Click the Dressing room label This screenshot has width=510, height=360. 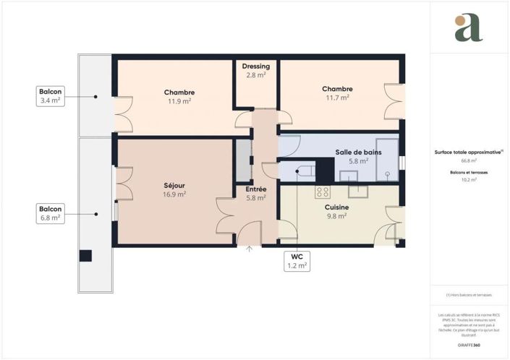255,69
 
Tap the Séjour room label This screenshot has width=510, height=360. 174,189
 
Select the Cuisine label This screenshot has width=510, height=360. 337,211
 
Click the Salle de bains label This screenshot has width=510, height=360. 358,155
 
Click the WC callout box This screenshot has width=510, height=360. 297,261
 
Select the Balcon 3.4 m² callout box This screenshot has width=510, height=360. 50,96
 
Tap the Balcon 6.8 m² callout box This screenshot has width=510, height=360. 50,213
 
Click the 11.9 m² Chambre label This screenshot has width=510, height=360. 179,96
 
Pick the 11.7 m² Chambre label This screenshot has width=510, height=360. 336,93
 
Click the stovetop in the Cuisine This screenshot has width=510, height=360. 323,192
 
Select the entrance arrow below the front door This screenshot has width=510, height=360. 250,250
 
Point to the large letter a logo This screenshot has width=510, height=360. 468,28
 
